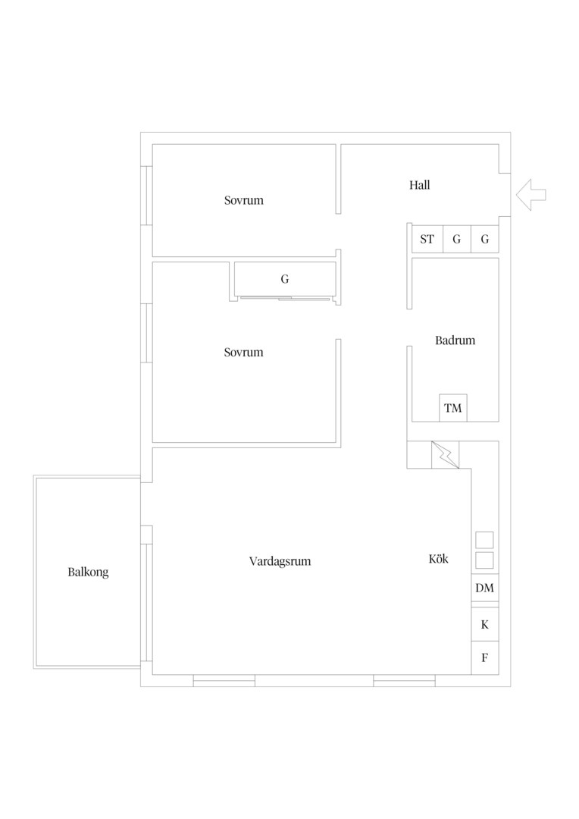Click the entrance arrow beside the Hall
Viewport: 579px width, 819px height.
click(530, 195)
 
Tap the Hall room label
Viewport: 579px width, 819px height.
click(419, 185)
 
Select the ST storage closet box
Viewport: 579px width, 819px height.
click(427, 239)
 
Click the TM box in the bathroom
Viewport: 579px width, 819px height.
click(452, 408)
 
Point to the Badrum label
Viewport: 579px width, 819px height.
click(455, 340)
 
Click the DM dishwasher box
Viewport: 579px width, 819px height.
click(484, 588)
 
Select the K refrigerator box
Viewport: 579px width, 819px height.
click(484, 624)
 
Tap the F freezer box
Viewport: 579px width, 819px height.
click(484, 658)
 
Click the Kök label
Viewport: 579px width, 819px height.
click(439, 559)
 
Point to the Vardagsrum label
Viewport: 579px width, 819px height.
click(280, 561)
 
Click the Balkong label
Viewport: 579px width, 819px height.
click(88, 573)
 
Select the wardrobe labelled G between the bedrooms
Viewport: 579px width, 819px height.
click(284, 279)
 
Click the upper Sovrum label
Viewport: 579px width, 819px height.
click(244, 200)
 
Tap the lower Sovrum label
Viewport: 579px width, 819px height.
click(244, 353)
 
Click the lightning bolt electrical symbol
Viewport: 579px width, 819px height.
click(446, 454)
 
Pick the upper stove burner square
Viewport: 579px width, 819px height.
click(484, 540)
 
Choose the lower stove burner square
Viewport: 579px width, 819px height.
click(484, 560)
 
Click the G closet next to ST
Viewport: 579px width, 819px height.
click(457, 239)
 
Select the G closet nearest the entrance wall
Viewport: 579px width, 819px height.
click(485, 239)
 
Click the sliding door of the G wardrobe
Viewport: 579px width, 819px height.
click(284, 299)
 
